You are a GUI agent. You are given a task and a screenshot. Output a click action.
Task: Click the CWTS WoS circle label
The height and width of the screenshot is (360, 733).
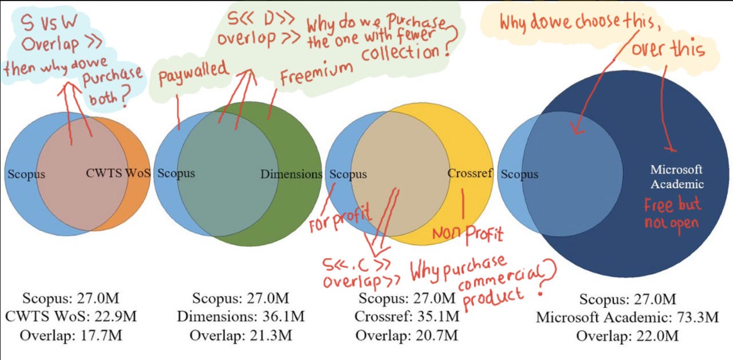point(118,173)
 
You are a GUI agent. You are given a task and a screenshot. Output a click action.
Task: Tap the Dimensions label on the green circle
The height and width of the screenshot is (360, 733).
point(291,174)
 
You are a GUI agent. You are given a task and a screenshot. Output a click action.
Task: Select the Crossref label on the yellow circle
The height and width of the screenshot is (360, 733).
point(470,172)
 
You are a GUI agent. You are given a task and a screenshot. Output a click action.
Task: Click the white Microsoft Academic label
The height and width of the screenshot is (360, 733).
point(677,177)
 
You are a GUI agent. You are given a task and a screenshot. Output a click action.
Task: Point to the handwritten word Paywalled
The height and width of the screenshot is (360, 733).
point(193,74)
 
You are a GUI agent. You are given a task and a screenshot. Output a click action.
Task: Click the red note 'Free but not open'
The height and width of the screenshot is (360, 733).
point(672,213)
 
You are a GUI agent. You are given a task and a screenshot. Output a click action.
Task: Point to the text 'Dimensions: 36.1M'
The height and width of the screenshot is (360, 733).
point(241,315)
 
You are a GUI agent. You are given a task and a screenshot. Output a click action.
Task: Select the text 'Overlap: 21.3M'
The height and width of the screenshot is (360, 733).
point(241,334)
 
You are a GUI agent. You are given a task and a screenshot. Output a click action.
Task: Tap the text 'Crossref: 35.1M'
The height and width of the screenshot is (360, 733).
point(407,315)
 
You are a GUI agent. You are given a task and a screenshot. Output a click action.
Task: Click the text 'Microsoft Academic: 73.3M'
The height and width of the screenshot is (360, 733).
point(627,317)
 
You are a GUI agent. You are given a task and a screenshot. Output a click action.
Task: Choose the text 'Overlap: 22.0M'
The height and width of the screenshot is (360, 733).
point(627,335)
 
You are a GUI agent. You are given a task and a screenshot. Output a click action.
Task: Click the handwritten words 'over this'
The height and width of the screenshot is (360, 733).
point(668,49)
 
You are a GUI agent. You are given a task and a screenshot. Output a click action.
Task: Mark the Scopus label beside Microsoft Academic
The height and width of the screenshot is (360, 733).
point(519,174)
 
